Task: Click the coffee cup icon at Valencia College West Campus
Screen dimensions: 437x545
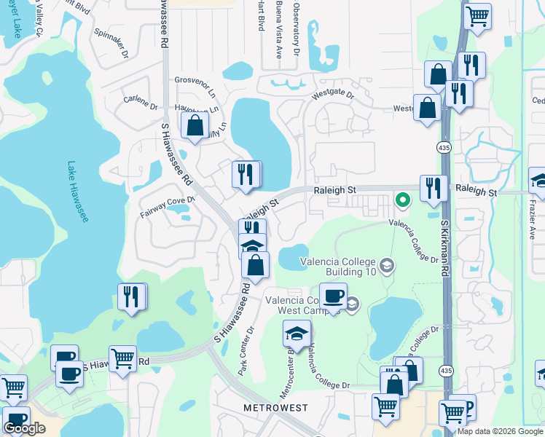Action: coord(333,296)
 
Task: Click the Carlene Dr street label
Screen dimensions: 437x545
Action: coord(141,101)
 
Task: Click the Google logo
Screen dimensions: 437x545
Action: coord(24,428)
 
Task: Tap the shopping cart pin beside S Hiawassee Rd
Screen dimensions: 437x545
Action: coord(122,358)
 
